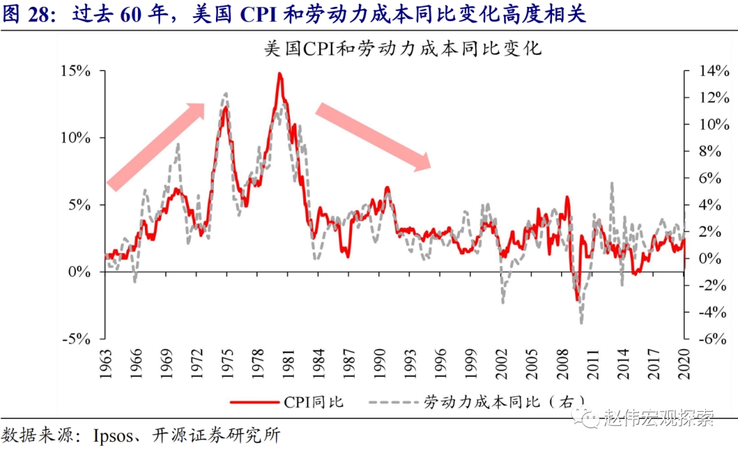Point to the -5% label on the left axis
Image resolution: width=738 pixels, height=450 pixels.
(x=85, y=339)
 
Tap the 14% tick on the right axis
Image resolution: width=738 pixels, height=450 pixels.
(x=709, y=71)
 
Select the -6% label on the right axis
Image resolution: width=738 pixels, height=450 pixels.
(x=709, y=339)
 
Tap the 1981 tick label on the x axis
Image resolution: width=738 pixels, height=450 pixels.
(x=288, y=362)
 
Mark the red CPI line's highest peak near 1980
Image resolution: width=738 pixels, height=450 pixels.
(x=279, y=73)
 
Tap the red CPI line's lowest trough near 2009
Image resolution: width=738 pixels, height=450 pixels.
(x=577, y=299)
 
